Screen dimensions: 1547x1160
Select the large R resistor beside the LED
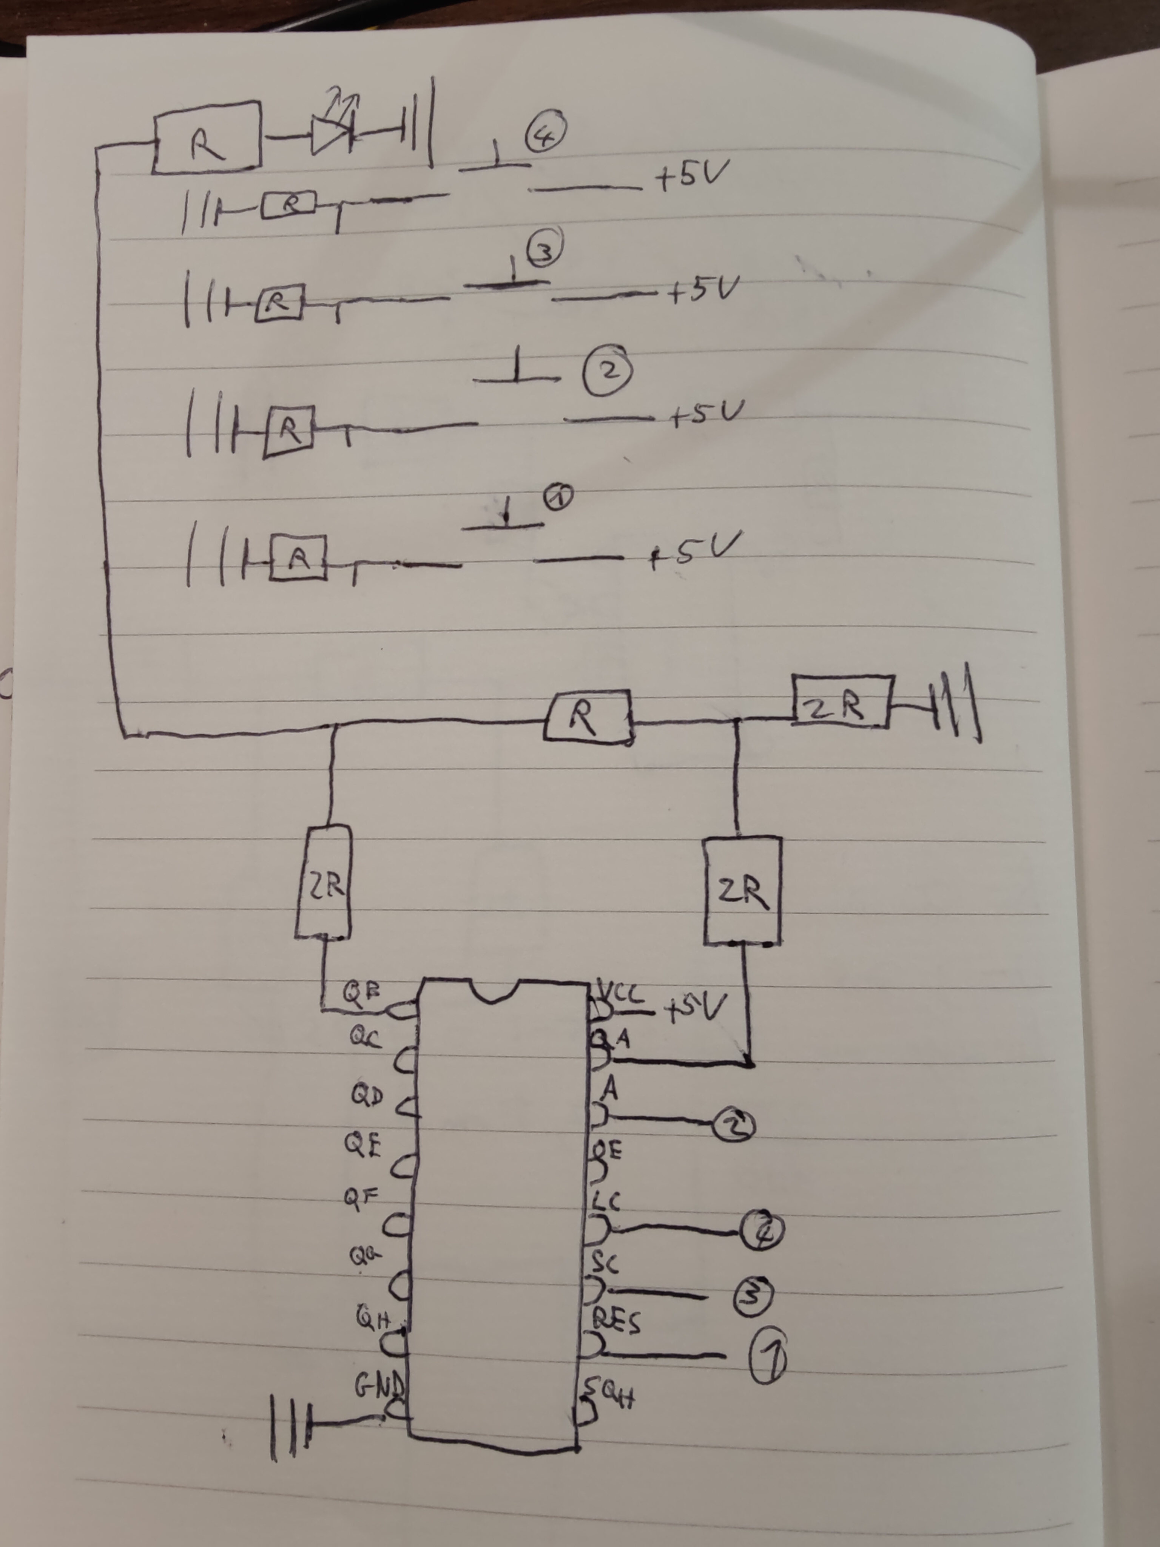tap(207, 137)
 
